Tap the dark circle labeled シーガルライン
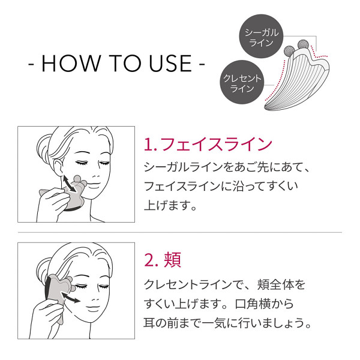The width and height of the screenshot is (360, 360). coord(260,37)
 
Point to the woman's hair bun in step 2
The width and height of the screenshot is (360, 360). coord(44,267)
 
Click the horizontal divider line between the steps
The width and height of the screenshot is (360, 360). coord(180,232)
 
